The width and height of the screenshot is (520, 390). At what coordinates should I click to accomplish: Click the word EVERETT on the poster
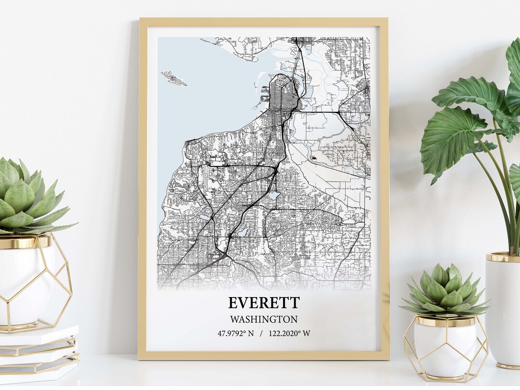263,303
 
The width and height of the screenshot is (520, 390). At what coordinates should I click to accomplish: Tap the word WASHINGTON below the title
263,319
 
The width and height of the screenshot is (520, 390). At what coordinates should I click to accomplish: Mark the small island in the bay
173,78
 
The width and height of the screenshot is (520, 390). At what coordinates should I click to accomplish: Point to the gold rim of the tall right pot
503,257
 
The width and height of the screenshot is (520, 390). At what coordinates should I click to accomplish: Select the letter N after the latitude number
250,333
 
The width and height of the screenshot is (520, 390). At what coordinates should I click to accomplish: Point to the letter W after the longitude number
307,333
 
